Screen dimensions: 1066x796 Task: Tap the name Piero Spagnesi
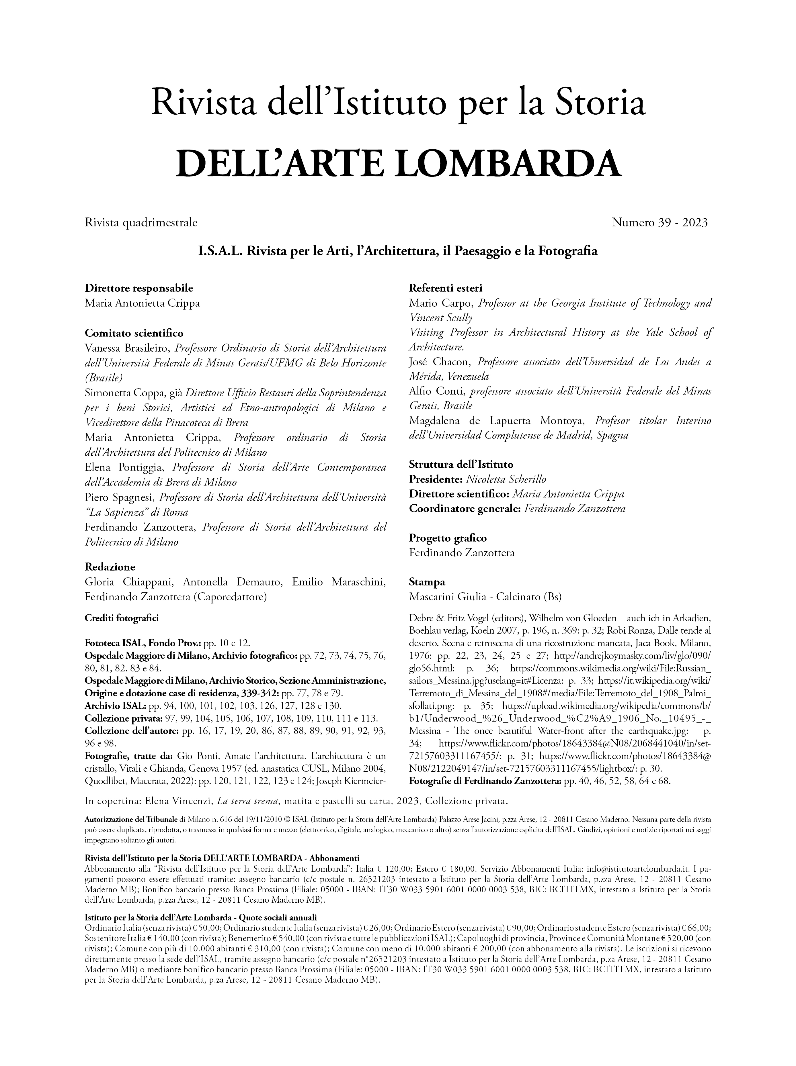120,497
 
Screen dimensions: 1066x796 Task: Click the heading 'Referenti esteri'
445,288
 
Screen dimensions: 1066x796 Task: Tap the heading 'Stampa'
426,582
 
